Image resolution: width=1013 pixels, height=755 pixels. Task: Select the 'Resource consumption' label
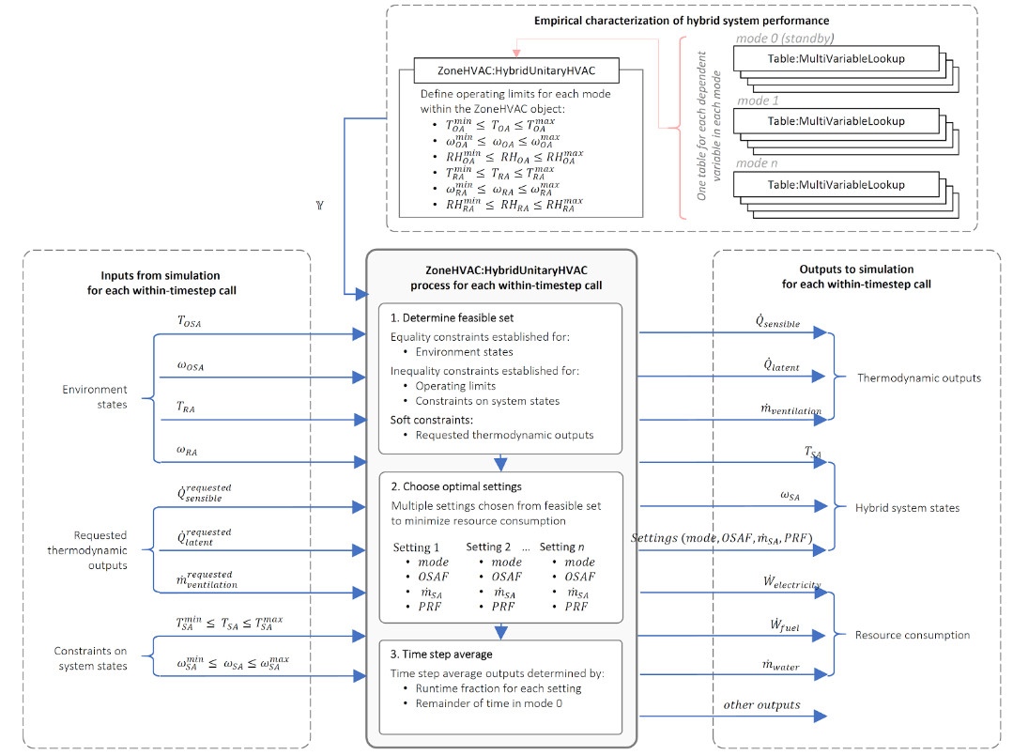(912, 636)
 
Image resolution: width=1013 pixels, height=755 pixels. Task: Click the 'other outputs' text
(761, 704)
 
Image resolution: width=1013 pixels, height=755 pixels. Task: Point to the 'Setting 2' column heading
(489, 547)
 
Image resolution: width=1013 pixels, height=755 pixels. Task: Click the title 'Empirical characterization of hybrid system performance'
(682, 20)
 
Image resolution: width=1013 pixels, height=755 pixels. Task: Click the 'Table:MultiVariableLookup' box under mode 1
(835, 121)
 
